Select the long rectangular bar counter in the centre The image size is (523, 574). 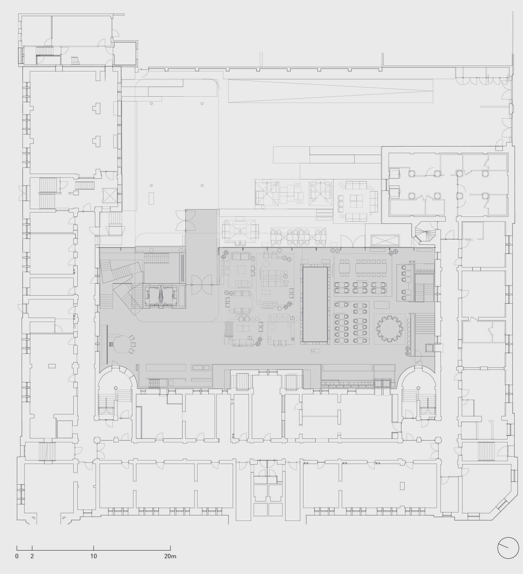click(314, 304)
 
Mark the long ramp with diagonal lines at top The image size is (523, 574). click(331, 91)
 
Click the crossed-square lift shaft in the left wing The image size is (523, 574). click(110, 195)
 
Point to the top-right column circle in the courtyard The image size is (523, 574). click(202, 104)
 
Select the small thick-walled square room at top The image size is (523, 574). click(125, 53)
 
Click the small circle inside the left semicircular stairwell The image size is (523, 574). click(116, 388)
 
